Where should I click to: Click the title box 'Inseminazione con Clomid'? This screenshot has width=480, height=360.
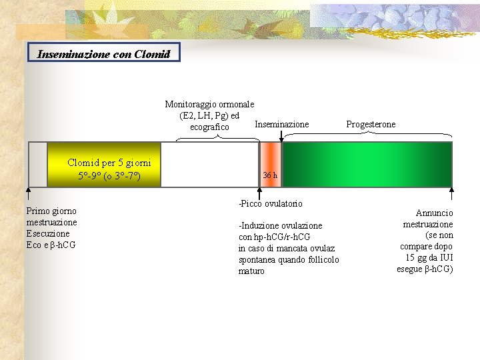point(104,53)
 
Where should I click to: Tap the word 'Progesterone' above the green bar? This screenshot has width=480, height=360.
point(371,124)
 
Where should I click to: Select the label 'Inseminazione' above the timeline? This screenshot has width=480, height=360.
point(282,124)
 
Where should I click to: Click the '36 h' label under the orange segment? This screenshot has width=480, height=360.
point(270,175)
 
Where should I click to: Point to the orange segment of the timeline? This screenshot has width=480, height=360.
point(270,157)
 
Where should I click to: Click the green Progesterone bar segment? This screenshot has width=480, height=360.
point(367,164)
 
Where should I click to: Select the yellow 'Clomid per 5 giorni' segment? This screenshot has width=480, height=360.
point(105,164)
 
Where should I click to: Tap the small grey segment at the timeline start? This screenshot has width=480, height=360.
point(38,164)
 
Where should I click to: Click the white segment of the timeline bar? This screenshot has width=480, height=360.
point(210,164)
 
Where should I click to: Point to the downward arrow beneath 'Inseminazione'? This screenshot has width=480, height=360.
point(281,136)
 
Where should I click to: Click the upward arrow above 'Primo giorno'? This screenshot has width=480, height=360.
point(28,194)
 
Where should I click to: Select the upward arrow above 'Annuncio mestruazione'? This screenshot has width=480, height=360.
point(451,194)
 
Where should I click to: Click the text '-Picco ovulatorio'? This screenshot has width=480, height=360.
point(271,203)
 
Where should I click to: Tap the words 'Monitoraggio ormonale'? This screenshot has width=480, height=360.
point(209,104)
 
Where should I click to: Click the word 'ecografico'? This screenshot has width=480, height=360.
point(209,127)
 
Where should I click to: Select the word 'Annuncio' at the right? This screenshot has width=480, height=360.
point(434,213)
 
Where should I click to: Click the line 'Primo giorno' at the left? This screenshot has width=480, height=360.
point(51,211)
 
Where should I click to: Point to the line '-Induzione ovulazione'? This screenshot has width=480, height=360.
point(280,225)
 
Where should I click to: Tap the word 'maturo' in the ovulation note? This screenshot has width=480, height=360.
point(251,271)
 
